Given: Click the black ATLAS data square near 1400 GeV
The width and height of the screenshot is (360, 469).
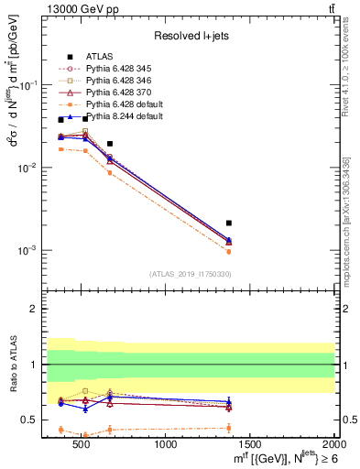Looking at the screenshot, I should click(229, 223).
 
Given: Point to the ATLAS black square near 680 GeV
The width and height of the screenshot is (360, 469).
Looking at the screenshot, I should click(110, 144).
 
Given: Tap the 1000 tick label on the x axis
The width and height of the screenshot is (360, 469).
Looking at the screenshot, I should click(167, 445).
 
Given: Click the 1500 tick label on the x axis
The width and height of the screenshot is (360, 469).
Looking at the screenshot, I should click(250, 445).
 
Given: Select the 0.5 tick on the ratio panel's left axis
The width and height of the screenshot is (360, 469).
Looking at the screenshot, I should click(34, 420).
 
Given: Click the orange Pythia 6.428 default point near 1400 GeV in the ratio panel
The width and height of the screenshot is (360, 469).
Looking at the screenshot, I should click(229, 428).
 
